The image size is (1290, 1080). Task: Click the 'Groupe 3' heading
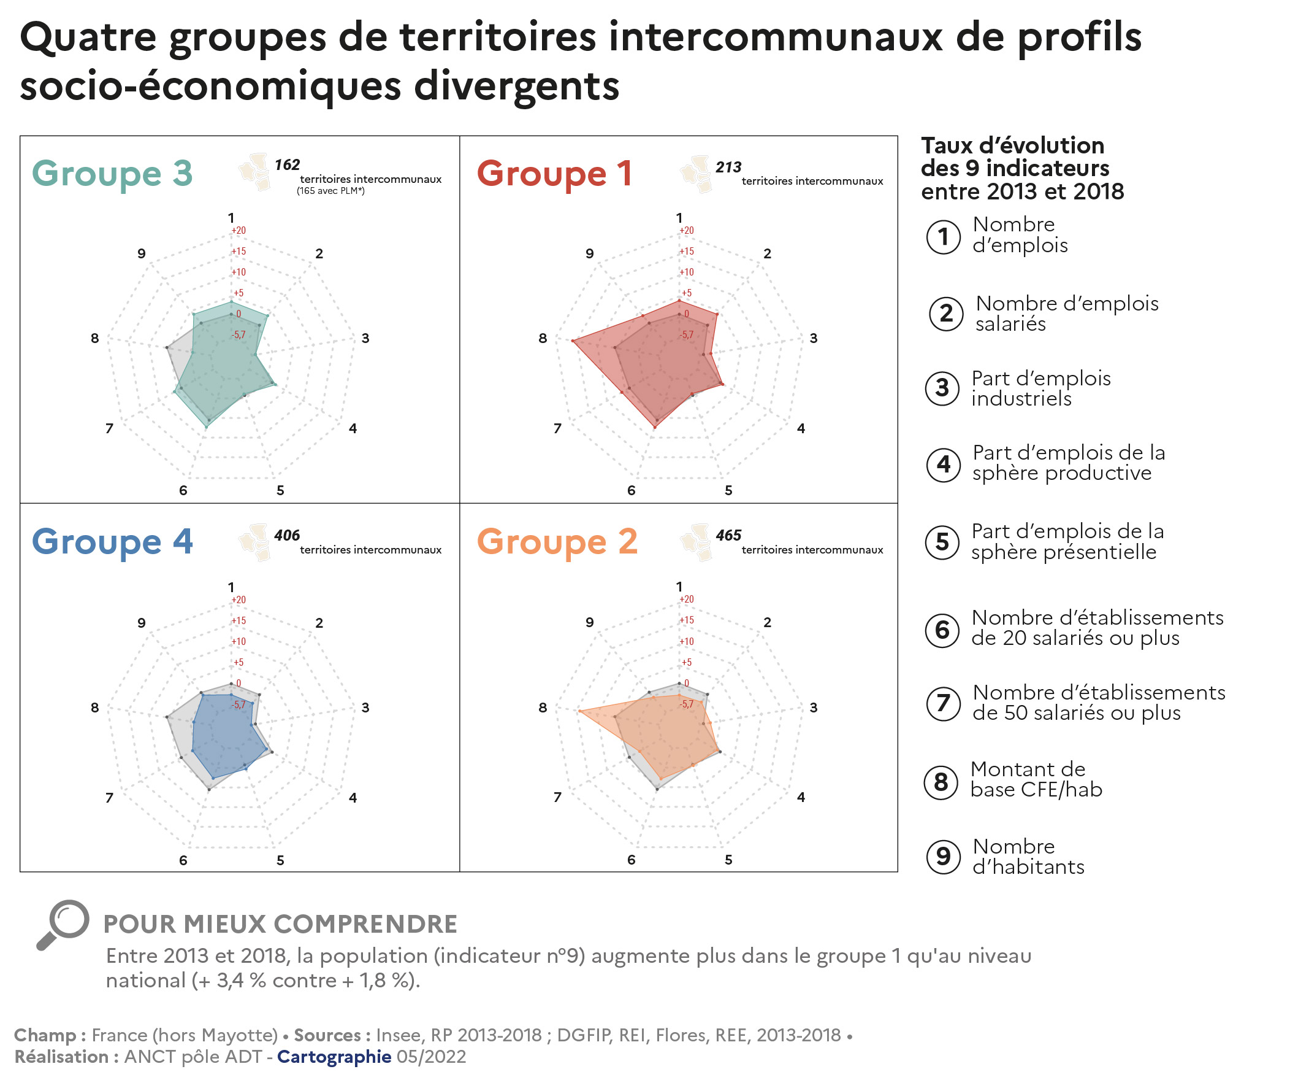click(112, 174)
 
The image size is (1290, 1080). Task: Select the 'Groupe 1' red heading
click(554, 174)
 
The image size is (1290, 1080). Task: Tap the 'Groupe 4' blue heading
click(112, 542)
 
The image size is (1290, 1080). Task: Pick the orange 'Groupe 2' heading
click(557, 542)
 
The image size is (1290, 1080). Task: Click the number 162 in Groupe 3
click(287, 165)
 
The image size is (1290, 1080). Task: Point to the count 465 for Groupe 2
click(728, 535)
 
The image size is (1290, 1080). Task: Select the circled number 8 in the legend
click(941, 782)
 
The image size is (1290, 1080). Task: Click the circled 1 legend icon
click(943, 237)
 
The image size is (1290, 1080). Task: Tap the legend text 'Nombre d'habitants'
click(1028, 856)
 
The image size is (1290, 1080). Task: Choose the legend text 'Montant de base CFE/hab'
click(1036, 779)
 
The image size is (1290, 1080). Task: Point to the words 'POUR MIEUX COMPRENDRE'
click(280, 924)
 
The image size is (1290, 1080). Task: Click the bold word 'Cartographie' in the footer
click(334, 1057)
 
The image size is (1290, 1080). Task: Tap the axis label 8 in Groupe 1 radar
click(543, 338)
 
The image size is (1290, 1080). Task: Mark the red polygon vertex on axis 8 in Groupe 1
click(573, 341)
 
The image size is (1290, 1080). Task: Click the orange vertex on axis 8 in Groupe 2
click(579, 711)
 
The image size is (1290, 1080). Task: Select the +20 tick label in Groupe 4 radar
click(239, 600)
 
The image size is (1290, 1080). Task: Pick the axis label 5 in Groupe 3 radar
click(280, 490)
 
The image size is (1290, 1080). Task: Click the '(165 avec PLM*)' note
click(330, 191)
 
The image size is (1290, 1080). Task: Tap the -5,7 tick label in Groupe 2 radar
click(687, 704)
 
